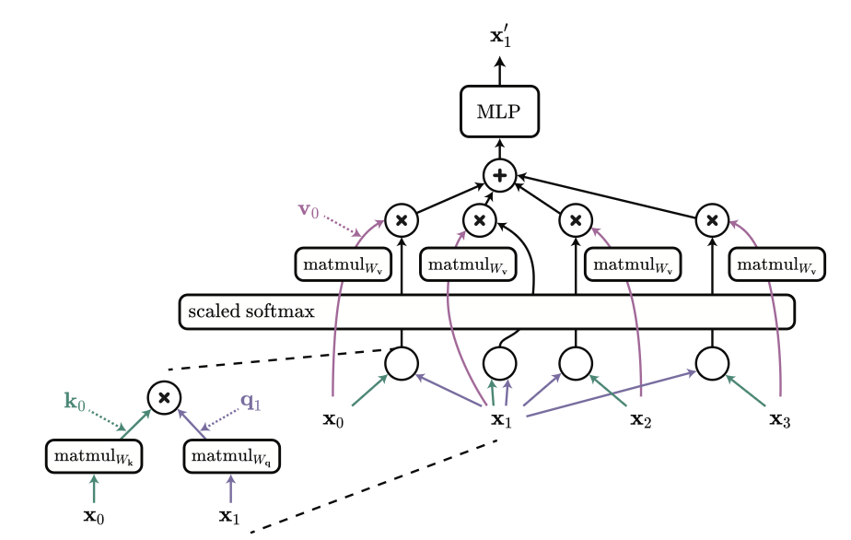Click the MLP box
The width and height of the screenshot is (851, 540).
click(499, 112)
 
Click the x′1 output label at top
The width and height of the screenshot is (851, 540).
click(500, 37)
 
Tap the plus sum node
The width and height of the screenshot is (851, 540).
click(499, 175)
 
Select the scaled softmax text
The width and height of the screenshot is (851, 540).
click(251, 311)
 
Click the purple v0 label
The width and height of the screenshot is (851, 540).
click(309, 210)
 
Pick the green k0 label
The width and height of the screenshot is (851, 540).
click(75, 402)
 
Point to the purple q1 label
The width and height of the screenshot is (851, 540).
click(251, 402)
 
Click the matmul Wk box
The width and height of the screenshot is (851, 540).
click(94, 456)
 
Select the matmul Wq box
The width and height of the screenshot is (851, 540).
click(232, 456)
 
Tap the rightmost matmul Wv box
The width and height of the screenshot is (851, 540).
click(776, 264)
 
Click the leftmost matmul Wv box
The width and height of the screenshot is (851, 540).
click(343, 264)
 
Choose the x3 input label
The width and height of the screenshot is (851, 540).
click(780, 419)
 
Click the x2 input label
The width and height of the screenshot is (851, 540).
click(640, 419)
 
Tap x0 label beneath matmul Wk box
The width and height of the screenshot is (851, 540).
click(94, 516)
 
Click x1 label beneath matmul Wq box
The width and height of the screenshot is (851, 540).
click(229, 516)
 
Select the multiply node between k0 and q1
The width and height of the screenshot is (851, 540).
click(164, 398)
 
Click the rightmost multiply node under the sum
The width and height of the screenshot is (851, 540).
click(712, 220)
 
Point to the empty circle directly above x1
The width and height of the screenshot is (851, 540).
click(499, 363)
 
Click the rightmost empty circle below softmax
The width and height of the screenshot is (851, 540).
click(712, 363)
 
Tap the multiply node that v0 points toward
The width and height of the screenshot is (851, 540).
click(401, 220)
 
